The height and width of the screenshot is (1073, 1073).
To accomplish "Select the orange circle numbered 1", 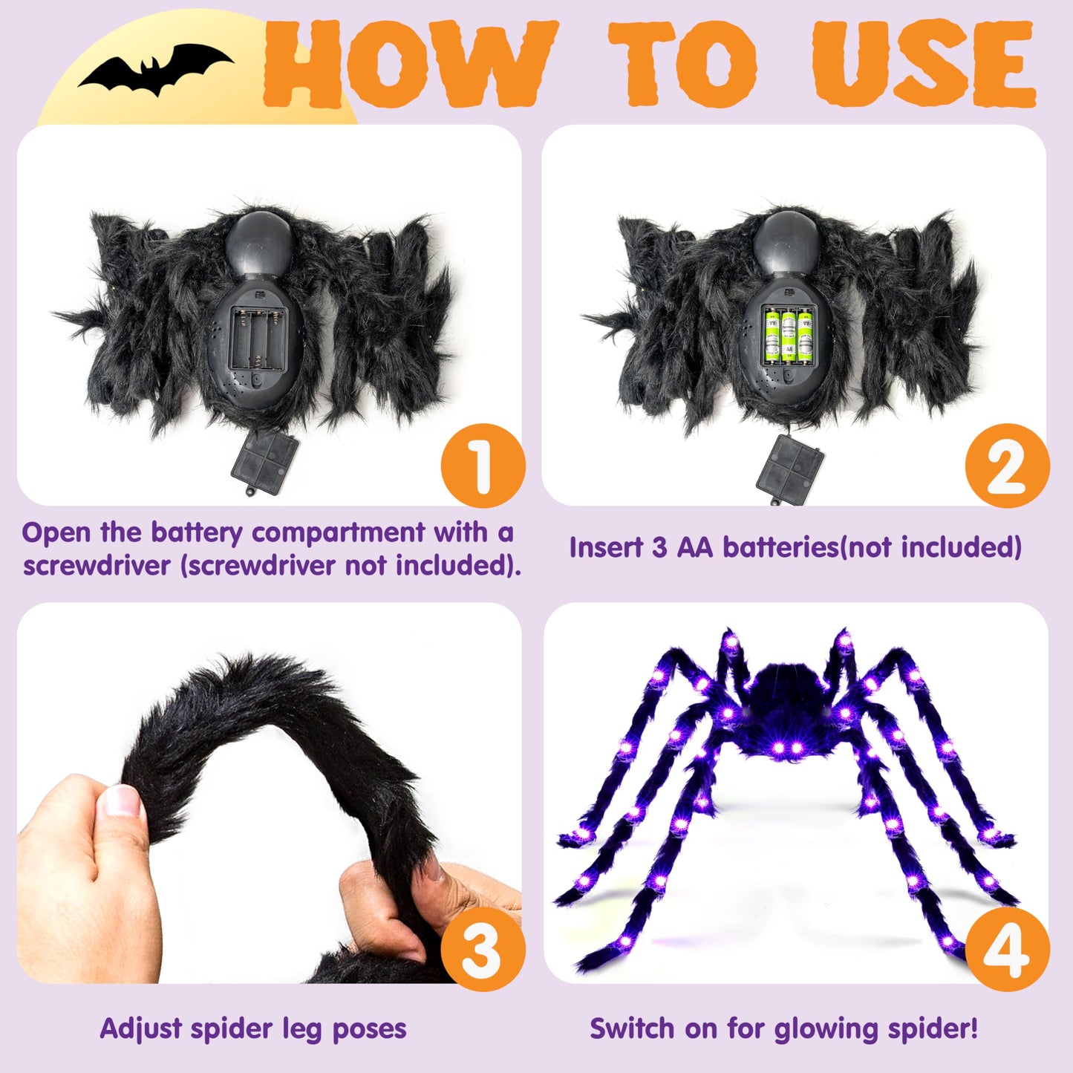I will pos(483,466).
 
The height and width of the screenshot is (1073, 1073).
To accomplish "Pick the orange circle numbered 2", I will pos(1007,466).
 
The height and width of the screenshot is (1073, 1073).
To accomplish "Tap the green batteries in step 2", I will pos(788,336).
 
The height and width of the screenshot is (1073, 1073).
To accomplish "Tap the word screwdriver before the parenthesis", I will pos(97,566).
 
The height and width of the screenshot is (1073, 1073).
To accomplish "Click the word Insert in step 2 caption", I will pos(605,548).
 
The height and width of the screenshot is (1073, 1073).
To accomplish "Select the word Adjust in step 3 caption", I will pos(141,1029).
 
